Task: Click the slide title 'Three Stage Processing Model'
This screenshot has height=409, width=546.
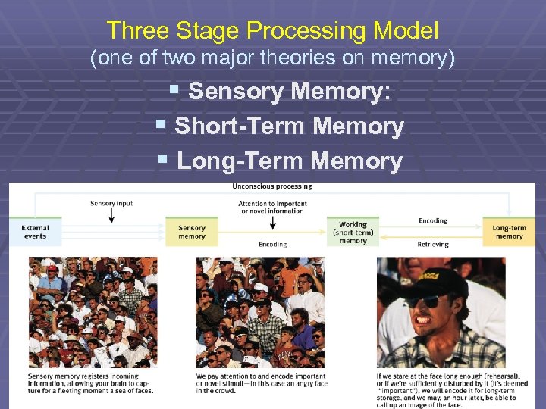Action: (x=272, y=30)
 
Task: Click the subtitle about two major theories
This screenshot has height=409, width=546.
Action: (x=272, y=58)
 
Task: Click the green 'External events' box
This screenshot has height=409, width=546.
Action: (x=35, y=232)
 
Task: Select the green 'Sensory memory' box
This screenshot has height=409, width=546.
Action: (x=192, y=232)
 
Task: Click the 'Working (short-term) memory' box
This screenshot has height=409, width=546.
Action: (x=353, y=232)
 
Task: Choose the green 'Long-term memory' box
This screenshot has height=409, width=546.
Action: (x=509, y=232)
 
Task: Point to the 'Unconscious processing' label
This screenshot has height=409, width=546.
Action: (x=272, y=187)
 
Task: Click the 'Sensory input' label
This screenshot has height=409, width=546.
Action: (x=111, y=203)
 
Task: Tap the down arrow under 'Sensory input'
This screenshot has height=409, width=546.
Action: (x=111, y=215)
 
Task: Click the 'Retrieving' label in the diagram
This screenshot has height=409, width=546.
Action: (x=433, y=245)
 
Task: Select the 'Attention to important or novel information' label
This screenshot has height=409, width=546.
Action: (x=272, y=207)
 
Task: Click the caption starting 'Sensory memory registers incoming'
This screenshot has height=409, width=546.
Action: (x=91, y=383)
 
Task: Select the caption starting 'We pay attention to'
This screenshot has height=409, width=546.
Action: (x=260, y=383)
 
